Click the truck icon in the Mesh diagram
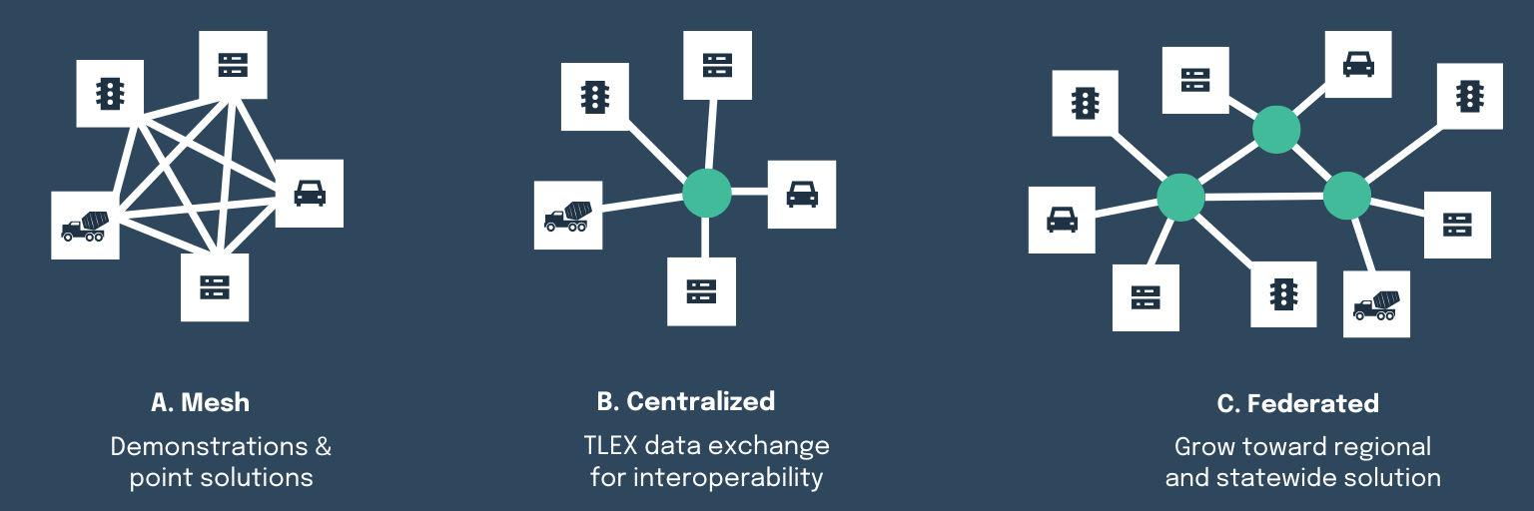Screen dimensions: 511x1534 [x=85, y=226]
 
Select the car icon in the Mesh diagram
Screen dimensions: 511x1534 [x=310, y=193]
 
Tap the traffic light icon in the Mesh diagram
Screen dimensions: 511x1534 [x=110, y=93]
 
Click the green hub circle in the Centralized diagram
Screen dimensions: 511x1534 [x=707, y=193]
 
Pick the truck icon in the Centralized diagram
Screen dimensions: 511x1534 [x=567, y=216]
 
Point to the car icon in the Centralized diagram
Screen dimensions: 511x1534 [x=802, y=194]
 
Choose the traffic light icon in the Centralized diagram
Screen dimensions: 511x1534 [x=595, y=97]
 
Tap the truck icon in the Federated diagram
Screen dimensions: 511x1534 [x=1376, y=304]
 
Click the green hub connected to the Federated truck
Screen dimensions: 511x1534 [x=1347, y=196]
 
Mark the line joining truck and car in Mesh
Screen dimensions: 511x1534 [x=200, y=207]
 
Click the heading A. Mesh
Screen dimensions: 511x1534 [x=200, y=403]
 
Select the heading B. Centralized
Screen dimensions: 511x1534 [x=685, y=401]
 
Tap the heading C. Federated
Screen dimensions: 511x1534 [x=1297, y=404]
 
